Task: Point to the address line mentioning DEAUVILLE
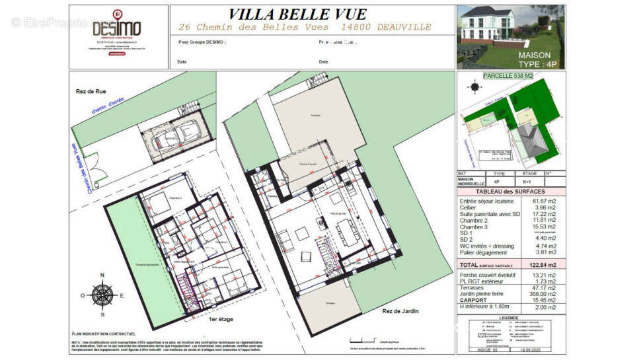point(305,27)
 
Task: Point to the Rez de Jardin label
point(399,310)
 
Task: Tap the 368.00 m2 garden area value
point(543,294)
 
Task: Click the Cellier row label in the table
point(469,207)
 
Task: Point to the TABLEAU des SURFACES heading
point(511,191)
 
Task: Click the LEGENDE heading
point(511,317)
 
